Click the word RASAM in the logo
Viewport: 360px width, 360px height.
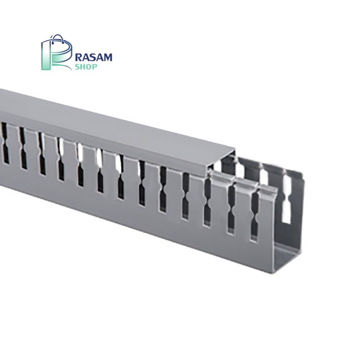94,58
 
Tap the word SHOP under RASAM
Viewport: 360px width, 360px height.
86,67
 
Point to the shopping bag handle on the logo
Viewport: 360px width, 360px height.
57,40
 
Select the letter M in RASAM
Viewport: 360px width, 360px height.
107,58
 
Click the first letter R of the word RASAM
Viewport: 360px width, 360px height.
79,58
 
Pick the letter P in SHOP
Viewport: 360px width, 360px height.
95,67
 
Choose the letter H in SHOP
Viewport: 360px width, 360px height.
83,67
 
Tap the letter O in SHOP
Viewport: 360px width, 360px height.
88,67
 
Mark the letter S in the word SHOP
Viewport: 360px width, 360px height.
78,67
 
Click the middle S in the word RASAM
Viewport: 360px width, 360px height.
92,58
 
